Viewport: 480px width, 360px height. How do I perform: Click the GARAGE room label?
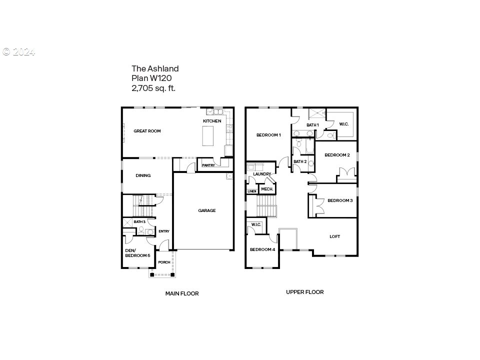(207, 210)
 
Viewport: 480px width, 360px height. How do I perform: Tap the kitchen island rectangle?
(208, 135)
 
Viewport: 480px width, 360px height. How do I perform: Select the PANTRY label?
(208, 165)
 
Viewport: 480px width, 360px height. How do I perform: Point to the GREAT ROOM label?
(147, 131)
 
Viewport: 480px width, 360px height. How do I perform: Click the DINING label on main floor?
(143, 175)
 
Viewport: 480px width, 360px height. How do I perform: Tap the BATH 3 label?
(139, 221)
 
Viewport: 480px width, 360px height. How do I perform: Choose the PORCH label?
(164, 262)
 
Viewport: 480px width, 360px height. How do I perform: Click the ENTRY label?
(164, 231)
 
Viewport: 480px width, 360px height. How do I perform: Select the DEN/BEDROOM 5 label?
(138, 253)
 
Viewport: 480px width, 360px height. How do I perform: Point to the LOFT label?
(335, 236)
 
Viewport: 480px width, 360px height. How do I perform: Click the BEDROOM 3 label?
(340, 201)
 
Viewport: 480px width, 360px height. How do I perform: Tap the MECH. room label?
(267, 189)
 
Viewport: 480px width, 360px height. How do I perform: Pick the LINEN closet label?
(252, 191)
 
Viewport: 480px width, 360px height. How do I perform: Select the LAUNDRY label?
(262, 174)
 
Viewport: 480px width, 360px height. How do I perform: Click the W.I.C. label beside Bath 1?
(344, 124)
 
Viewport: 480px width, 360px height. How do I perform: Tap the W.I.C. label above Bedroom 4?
(256, 224)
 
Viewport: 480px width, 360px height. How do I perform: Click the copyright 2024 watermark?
(18, 52)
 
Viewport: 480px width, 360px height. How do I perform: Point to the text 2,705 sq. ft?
(153, 88)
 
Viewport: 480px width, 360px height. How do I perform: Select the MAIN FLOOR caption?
(182, 293)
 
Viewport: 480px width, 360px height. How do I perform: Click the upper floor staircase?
(266, 206)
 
